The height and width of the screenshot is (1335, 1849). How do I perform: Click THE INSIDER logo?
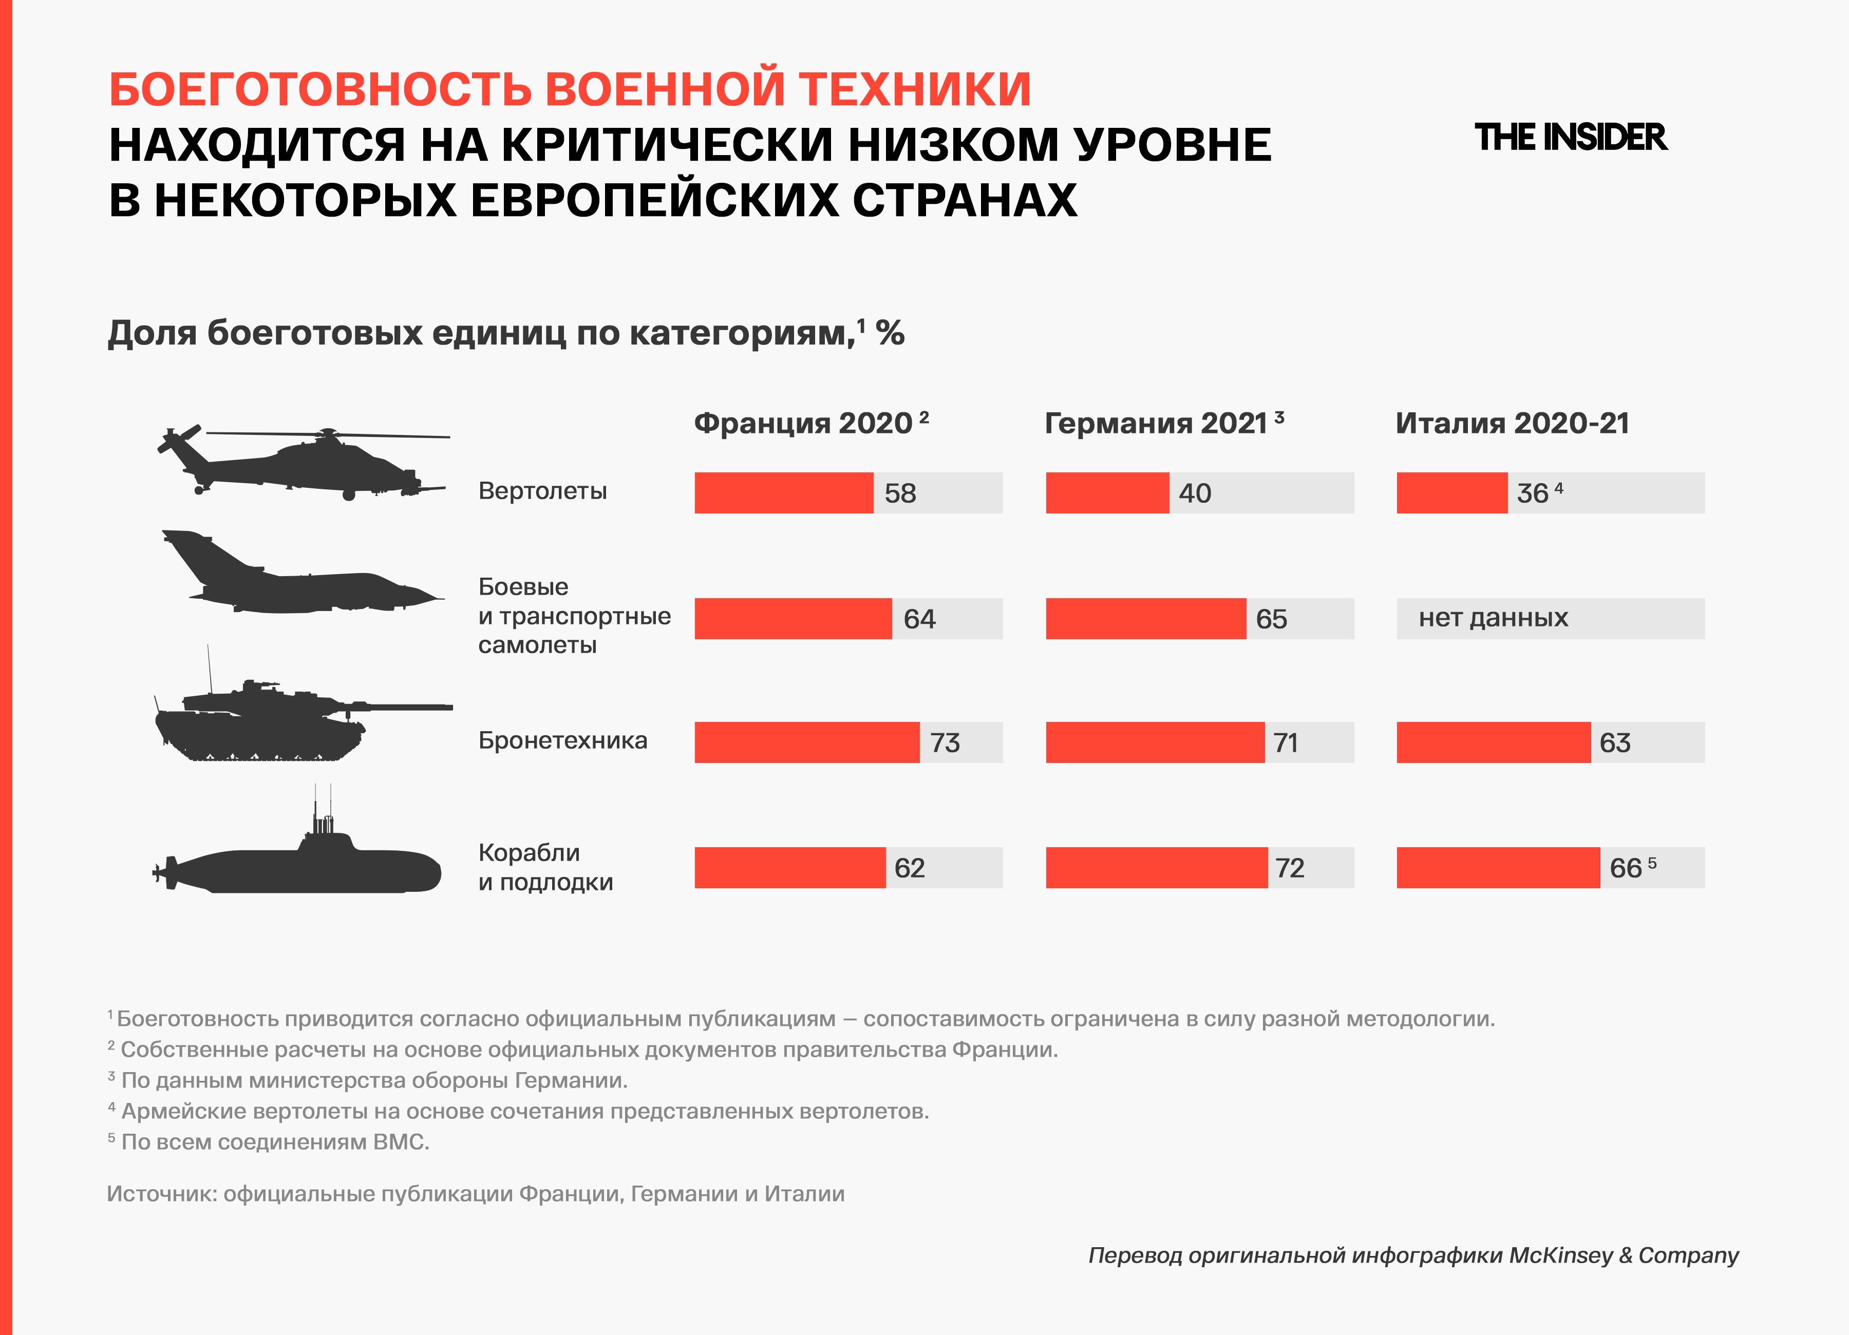(x=1570, y=138)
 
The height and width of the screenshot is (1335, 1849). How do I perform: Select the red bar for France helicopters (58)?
(x=783, y=493)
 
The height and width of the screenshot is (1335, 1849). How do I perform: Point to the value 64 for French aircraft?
(x=919, y=619)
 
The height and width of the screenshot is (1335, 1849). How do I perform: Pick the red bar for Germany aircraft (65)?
(x=1145, y=619)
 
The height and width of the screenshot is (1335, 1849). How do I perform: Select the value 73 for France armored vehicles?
(x=945, y=742)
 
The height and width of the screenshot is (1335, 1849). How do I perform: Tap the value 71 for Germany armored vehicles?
(x=1286, y=742)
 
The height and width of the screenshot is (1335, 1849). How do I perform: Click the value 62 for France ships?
(x=909, y=868)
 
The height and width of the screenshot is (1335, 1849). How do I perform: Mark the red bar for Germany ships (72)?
(x=1156, y=867)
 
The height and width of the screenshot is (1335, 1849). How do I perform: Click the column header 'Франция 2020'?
(x=803, y=423)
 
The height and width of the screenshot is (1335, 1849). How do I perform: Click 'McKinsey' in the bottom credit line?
(x=1560, y=1255)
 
